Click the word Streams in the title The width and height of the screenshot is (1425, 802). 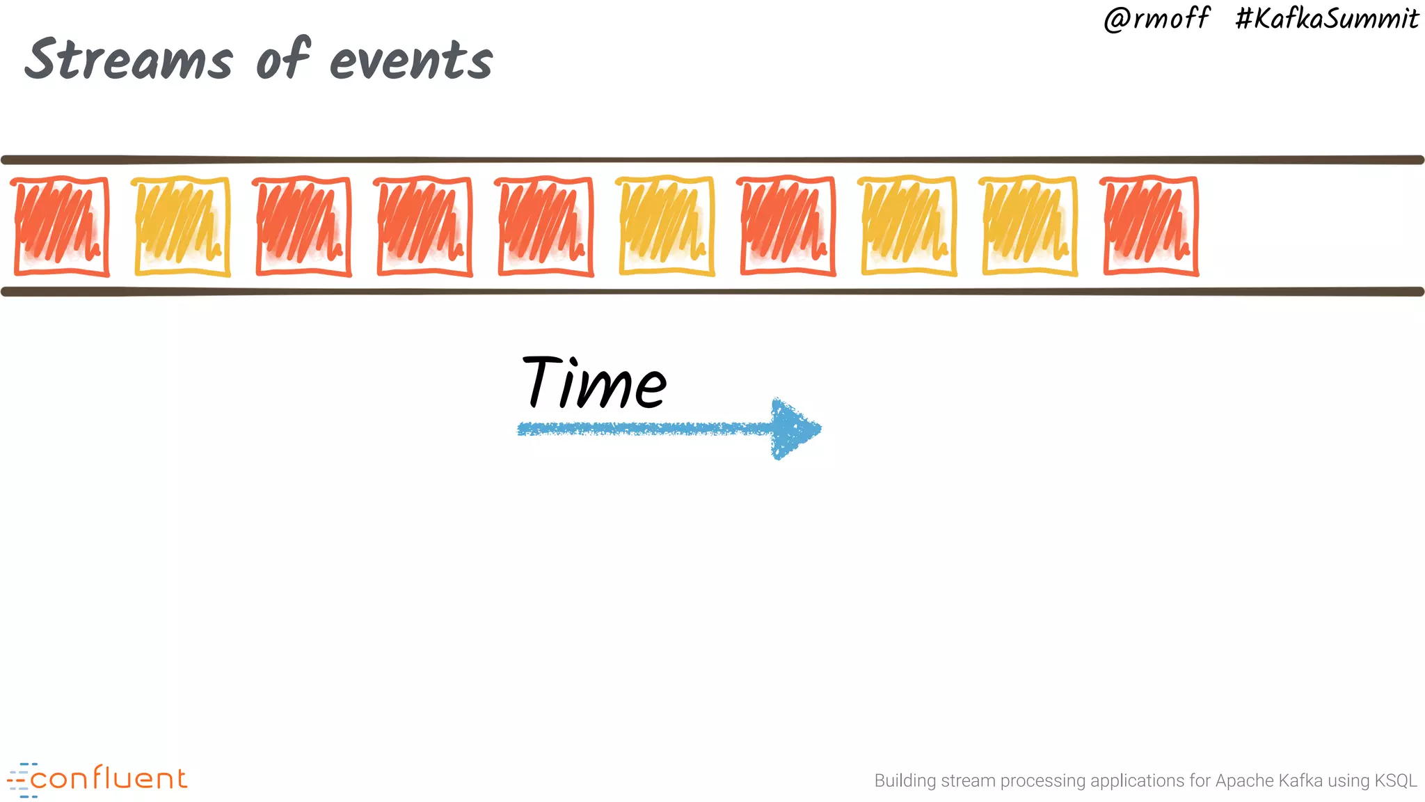click(129, 59)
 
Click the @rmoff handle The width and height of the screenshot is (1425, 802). click(1156, 19)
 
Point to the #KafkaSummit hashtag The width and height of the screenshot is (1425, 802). click(1327, 19)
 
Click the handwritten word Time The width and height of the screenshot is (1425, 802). click(595, 382)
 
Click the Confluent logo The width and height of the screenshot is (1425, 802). click(97, 779)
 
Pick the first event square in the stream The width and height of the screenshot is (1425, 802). click(61, 226)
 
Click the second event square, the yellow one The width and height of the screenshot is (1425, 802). click(182, 226)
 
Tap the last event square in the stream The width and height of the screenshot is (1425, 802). click(1151, 226)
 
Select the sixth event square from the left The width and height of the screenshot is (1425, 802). click(667, 226)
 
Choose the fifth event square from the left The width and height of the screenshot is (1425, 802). click(546, 226)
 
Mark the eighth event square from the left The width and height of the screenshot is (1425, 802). click(909, 226)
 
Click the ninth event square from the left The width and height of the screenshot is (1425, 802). click(1030, 226)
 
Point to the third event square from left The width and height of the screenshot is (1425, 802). click(303, 226)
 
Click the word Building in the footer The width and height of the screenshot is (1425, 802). click(905, 780)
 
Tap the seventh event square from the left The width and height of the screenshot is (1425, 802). click(788, 226)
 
